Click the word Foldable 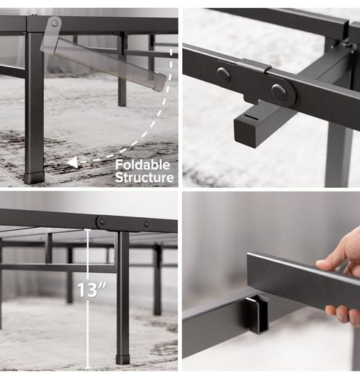click(143, 165)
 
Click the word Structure click(144, 177)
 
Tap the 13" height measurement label click(92, 290)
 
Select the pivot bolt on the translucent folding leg click(55, 23)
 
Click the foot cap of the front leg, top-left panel click(35, 178)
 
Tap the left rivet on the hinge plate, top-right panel click(224, 74)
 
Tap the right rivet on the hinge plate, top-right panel click(278, 91)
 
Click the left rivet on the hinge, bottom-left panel click(102, 221)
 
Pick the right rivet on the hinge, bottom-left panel click(146, 224)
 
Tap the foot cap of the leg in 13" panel click(123, 359)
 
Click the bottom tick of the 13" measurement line click(88, 368)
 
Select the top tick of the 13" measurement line click(88, 229)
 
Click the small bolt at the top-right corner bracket click(346, 44)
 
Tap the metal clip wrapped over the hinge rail click(254, 65)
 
